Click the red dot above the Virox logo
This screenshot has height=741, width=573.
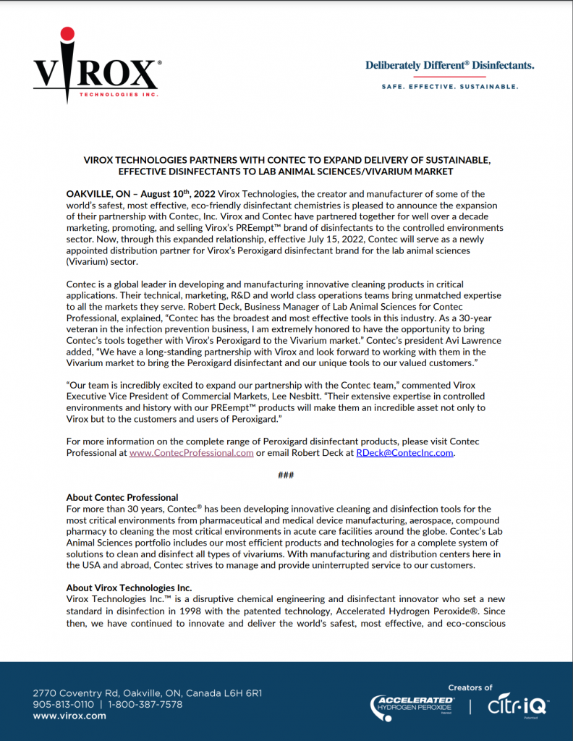pyautogui.click(x=67, y=33)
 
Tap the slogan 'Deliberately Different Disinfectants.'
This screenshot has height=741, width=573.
pyautogui.click(x=449, y=66)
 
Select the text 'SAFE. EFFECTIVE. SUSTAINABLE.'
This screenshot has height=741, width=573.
pyautogui.click(x=449, y=87)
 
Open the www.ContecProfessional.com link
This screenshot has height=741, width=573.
pyautogui.click(x=191, y=452)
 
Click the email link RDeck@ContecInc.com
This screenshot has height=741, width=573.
pyautogui.click(x=404, y=452)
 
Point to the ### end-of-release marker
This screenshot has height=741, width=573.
pyautogui.click(x=286, y=475)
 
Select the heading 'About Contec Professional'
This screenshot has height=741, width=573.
pyautogui.click(x=122, y=497)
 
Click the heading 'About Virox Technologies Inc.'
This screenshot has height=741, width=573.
pyautogui.click(x=129, y=588)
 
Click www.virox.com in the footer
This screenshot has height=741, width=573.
pyautogui.click(x=69, y=716)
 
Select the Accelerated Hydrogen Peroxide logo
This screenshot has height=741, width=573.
pyautogui.click(x=412, y=705)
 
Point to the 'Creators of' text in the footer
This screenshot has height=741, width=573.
pyautogui.click(x=470, y=687)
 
